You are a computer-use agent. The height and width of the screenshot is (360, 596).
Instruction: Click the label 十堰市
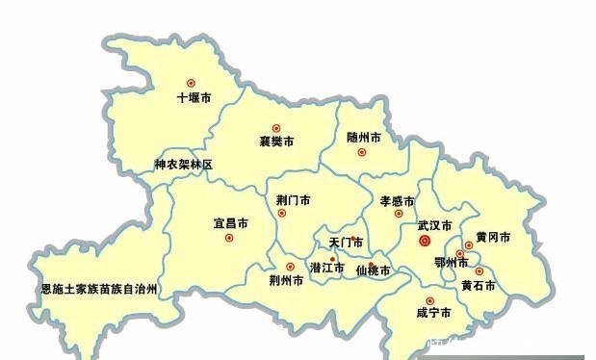click(194, 98)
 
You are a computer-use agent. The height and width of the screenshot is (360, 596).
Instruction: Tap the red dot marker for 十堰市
click(191, 83)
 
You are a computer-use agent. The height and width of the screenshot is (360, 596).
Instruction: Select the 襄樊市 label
click(276, 141)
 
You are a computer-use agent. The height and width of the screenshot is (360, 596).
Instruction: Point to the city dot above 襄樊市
click(276, 128)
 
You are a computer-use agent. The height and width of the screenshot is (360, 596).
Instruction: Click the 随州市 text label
click(363, 138)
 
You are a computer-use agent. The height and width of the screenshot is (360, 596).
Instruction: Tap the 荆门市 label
click(293, 200)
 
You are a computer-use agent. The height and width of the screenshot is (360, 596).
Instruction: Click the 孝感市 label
click(397, 201)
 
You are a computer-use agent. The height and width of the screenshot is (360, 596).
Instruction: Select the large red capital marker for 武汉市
click(425, 242)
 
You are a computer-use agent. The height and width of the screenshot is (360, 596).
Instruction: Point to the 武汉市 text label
click(434, 225)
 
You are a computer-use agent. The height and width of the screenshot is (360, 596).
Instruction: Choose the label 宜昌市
click(230, 223)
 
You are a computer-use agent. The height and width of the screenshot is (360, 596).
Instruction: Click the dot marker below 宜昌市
click(229, 238)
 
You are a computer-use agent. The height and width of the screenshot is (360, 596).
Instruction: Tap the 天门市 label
click(346, 243)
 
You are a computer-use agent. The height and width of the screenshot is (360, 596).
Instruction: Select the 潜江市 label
click(327, 267)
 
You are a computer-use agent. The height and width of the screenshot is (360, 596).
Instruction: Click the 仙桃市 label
click(374, 270)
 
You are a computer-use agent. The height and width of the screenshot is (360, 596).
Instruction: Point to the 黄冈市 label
click(492, 237)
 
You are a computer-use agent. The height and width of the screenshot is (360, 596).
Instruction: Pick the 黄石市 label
click(478, 285)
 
